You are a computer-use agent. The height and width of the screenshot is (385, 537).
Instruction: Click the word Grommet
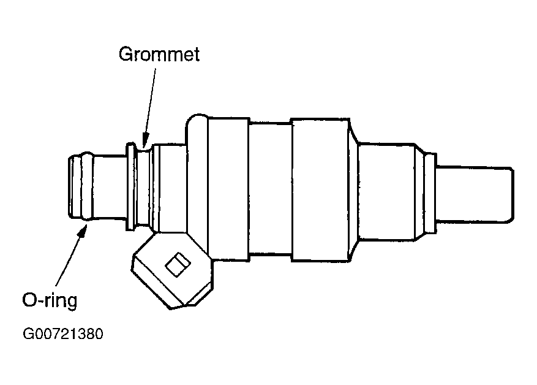(159, 54)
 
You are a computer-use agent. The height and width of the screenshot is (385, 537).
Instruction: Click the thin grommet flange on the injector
(130, 188)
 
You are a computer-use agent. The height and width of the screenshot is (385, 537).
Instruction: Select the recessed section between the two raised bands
(269, 188)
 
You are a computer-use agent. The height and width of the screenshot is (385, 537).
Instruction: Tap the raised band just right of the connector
(227, 187)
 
